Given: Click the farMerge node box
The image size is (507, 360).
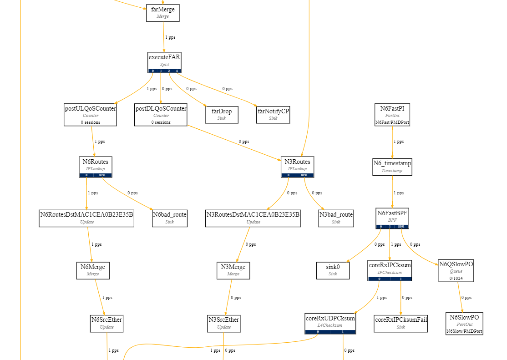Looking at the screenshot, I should pos(162,12).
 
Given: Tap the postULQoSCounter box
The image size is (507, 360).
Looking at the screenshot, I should pos(90,115).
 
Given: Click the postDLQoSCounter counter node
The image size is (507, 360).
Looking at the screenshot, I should pos(161,115).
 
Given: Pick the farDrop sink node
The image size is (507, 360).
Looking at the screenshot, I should pos(221,114).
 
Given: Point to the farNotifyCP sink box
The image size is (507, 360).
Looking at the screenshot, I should pos(273,114).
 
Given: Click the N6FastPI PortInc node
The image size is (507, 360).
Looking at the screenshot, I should pos(392,114).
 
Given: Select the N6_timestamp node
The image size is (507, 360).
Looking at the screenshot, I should pos(392,166).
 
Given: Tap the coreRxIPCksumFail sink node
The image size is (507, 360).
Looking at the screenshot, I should pos(401,323).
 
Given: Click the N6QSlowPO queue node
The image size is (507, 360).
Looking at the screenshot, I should pos(456,270).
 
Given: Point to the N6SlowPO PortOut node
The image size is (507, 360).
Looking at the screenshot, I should pos(464,323).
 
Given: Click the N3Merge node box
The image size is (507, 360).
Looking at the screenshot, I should pos(233,270).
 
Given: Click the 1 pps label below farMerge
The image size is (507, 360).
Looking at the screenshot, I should pos(170,37).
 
